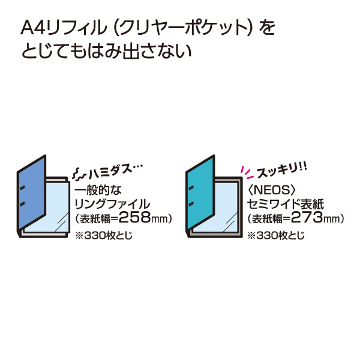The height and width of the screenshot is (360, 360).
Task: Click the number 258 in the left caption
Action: point(135,217)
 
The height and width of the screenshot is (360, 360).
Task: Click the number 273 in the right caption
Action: point(307,217)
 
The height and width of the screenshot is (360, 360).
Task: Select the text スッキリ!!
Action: point(282,170)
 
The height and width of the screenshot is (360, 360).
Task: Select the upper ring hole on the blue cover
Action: point(22,188)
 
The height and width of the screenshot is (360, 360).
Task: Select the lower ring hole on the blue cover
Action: point(22,204)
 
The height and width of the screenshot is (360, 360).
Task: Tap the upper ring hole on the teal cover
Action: point(191,188)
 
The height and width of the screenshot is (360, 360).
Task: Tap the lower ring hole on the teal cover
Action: point(191,204)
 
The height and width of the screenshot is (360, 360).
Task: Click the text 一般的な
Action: point(98,190)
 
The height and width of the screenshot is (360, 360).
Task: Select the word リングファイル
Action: point(112,204)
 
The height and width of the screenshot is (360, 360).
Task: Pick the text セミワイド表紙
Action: point(286,204)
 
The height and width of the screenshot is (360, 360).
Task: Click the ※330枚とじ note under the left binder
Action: point(104,235)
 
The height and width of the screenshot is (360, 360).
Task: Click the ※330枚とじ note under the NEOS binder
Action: point(276,235)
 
